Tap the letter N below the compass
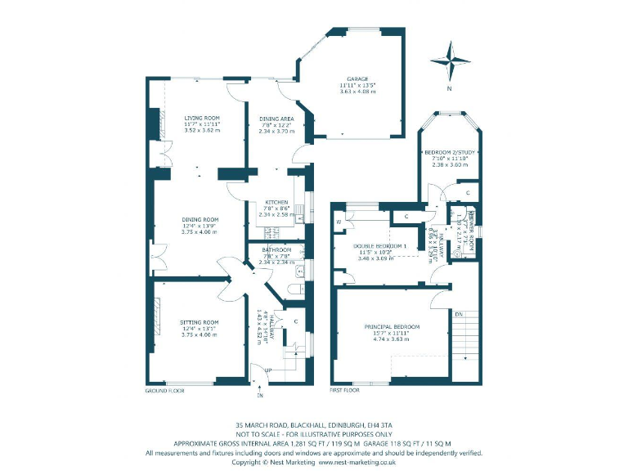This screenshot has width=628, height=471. [450, 88]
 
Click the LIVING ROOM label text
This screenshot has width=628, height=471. [202, 118]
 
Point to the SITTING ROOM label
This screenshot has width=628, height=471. [200, 299]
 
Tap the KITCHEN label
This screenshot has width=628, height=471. [275, 202]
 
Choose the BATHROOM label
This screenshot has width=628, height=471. [276, 249]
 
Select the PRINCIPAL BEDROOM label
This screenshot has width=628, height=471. [392, 326]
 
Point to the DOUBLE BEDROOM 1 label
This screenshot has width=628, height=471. [379, 245]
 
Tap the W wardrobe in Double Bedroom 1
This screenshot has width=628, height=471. [338, 222]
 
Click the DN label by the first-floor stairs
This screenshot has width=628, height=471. [460, 313]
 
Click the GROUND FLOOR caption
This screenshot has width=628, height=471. [165, 391]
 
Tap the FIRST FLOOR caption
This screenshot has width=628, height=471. [345, 391]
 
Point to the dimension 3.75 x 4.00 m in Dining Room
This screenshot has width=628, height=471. [200, 231]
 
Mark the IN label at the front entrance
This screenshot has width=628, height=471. [260, 396]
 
